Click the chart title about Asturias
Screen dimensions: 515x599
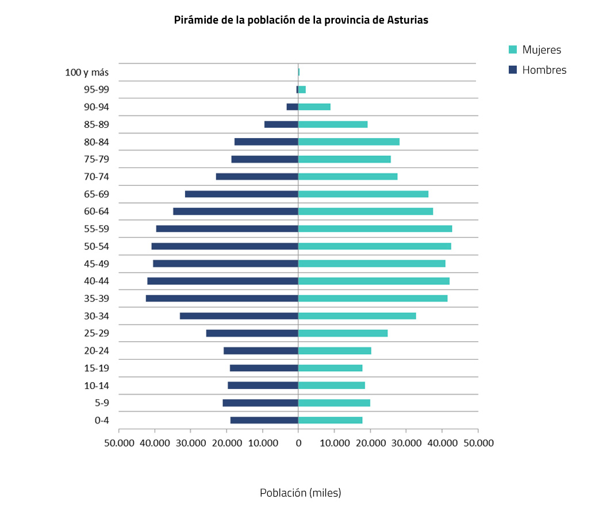coord(301,20)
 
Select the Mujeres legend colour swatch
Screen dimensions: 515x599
coord(513,50)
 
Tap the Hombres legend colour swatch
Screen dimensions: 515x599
coord(513,70)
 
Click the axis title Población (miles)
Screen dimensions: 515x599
coord(300,493)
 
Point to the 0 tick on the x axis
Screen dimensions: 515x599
coord(298,442)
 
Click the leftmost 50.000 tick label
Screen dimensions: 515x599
coord(118,442)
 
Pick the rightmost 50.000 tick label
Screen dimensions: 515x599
coord(478,442)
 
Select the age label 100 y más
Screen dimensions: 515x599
coord(87,73)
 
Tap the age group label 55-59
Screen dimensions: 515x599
coord(97,229)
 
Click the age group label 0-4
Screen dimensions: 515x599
coord(102,421)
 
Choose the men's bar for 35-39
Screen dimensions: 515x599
coord(222,299)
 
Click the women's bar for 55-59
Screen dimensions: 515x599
coord(375,229)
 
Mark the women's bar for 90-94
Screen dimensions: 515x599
coord(314,107)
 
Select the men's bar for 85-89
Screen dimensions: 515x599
coord(281,124)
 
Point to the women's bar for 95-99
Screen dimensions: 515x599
coord(302,90)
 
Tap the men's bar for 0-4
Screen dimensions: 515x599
coord(264,421)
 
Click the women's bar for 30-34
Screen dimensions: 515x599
coord(357,316)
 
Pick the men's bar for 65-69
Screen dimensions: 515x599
coord(241,194)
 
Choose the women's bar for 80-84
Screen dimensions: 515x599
coord(348,142)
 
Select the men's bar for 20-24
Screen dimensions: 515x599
coord(261,351)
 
